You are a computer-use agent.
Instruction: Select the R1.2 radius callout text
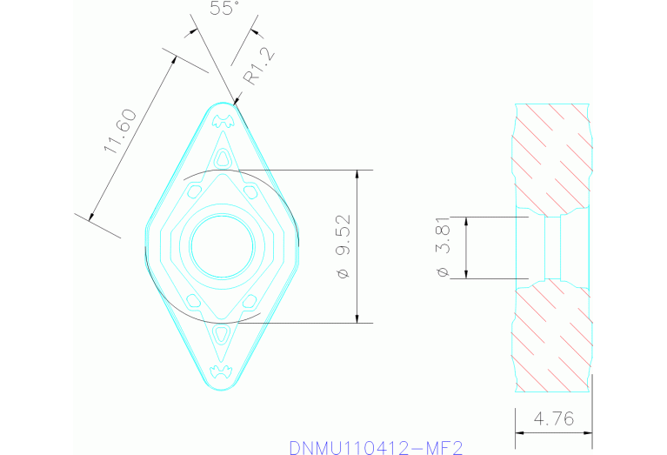point(257,65)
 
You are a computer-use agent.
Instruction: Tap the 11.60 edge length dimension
point(119,131)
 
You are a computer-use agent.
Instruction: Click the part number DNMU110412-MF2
point(376,447)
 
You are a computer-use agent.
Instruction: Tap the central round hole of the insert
point(222,246)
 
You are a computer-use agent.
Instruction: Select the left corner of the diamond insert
point(145,246)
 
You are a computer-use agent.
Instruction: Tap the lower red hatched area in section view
point(552,335)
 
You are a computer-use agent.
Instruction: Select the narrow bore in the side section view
point(552,247)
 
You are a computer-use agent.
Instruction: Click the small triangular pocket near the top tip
point(223,157)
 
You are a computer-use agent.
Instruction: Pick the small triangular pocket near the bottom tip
point(223,334)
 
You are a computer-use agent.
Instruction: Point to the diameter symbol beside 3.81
point(444,272)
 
